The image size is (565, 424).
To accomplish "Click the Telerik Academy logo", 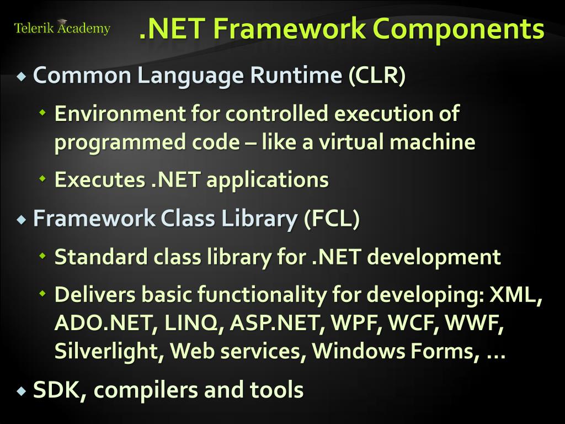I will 62,28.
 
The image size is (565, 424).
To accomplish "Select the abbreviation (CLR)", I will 377,76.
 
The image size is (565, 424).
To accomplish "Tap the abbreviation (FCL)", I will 332,219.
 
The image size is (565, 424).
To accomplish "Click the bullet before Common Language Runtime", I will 22,77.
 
